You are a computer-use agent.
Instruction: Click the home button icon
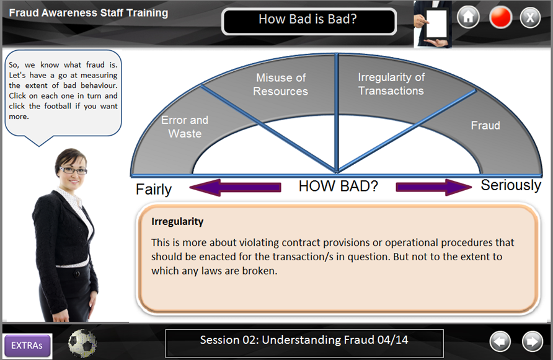click(x=468, y=17)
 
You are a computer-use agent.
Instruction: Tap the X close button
click(x=530, y=17)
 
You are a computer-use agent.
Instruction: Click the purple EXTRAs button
click(x=27, y=346)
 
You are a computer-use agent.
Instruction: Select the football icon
click(x=82, y=343)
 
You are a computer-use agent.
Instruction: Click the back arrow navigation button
click(x=500, y=341)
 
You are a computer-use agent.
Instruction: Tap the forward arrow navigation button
click(x=532, y=341)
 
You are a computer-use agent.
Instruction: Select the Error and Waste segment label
click(x=185, y=126)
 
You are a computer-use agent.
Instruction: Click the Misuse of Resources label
click(x=281, y=84)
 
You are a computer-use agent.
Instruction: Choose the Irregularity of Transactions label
click(x=391, y=84)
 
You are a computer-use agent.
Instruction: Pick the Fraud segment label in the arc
click(x=485, y=125)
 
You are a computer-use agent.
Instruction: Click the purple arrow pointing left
click(x=235, y=187)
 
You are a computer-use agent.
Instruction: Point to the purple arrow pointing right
click(x=434, y=187)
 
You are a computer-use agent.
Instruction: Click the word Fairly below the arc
click(x=154, y=190)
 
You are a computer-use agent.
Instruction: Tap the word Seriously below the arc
click(x=511, y=185)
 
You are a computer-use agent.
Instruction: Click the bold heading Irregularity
click(x=177, y=221)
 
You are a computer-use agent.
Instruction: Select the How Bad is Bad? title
click(x=308, y=19)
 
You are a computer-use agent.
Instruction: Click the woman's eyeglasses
click(x=73, y=170)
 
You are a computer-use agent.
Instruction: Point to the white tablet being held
click(x=436, y=24)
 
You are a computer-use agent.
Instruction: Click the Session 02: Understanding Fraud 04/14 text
click(x=304, y=340)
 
